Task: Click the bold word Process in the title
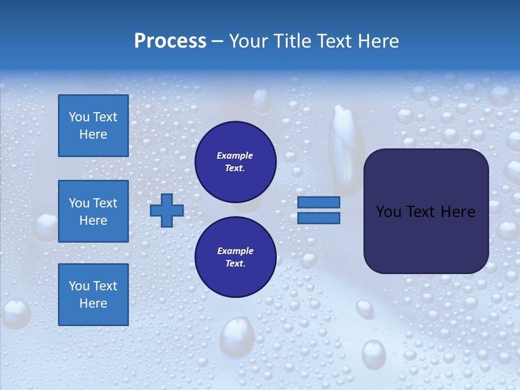click(x=170, y=41)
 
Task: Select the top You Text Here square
click(x=93, y=126)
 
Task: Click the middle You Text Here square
click(x=93, y=211)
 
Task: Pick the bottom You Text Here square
click(x=93, y=295)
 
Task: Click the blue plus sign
click(x=167, y=210)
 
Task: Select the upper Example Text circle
click(x=235, y=162)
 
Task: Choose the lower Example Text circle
click(x=235, y=257)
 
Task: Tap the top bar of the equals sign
click(x=318, y=203)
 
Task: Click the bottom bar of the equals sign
click(x=318, y=218)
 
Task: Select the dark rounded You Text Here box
click(x=426, y=211)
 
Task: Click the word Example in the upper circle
click(x=235, y=156)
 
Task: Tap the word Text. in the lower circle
click(x=235, y=264)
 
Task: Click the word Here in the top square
click(x=93, y=134)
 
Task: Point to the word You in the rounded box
click(x=388, y=212)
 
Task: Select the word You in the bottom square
click(x=79, y=286)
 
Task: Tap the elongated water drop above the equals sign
click(x=346, y=149)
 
